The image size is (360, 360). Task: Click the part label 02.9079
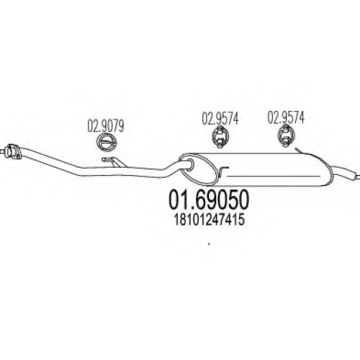coord(106,126)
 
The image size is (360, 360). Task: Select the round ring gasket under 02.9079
coord(107,142)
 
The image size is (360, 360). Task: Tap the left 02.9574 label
coord(220,119)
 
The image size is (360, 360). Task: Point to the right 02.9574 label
coord(286,117)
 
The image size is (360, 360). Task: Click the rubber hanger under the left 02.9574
coord(220,136)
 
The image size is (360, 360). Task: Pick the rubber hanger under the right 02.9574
coord(285,135)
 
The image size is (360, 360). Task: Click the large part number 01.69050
coord(209,200)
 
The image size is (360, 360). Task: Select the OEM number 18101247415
coord(209,220)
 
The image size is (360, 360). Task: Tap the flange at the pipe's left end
coord(13,152)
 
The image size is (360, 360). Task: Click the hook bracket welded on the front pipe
coord(113,161)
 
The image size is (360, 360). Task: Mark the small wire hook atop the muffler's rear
coord(301,151)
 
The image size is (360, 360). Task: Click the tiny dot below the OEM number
coord(209,244)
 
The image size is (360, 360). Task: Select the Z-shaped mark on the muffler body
coord(224,172)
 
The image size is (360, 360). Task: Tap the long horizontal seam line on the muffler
coord(273,176)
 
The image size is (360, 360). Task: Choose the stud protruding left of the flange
coord(3,151)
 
